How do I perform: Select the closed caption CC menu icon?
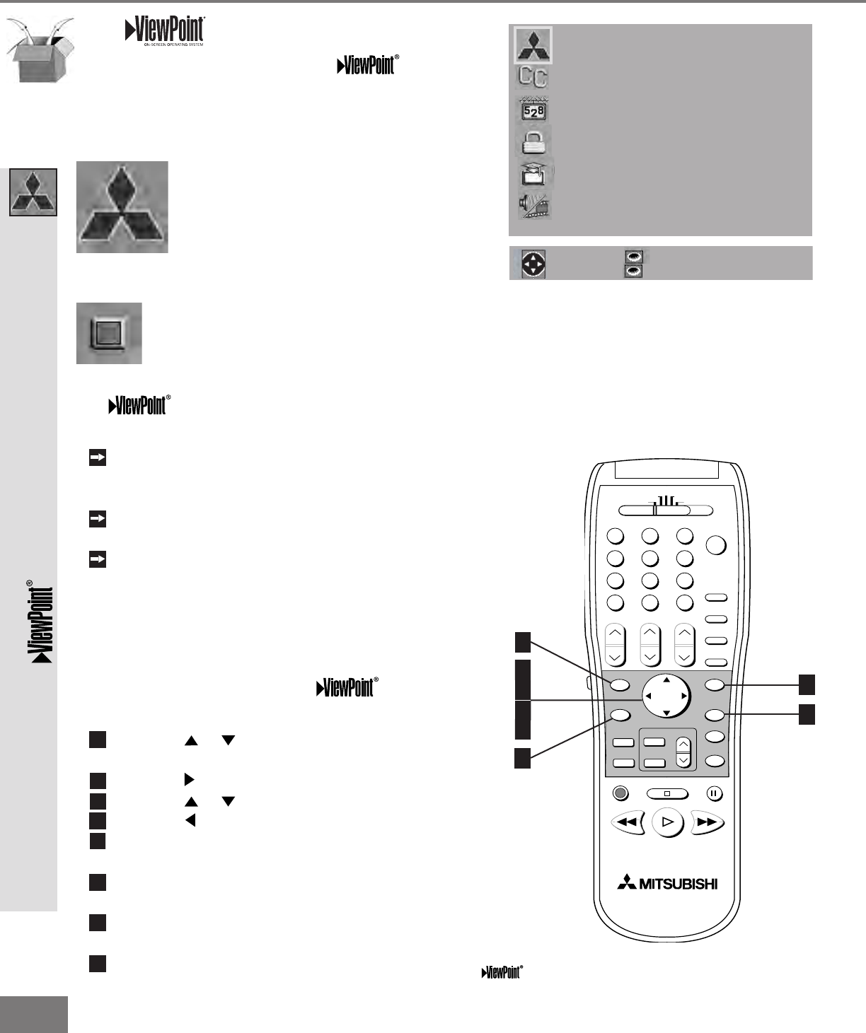[533, 76]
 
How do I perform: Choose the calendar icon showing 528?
[533, 110]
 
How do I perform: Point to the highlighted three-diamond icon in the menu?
[533, 45]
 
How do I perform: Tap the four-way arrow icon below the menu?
[533, 264]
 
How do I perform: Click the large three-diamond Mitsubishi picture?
[122, 207]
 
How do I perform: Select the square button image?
[109, 333]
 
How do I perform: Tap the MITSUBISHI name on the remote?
[667, 884]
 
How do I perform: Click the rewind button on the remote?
[627, 823]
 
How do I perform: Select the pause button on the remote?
[714, 793]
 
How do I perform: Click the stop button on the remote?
[666, 793]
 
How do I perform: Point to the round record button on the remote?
[620, 793]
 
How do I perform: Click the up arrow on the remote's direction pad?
[666, 679]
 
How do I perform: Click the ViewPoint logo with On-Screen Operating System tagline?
[165, 31]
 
